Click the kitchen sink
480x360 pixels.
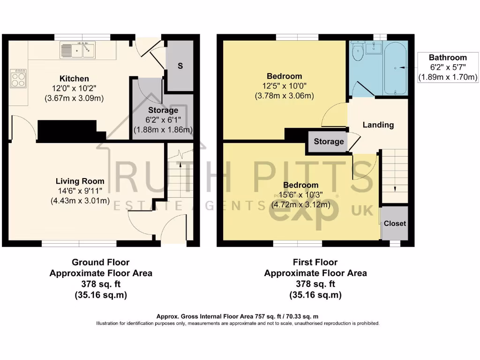click(x=77, y=50)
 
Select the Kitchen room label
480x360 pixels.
click(x=74, y=78)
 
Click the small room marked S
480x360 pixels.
click(x=180, y=66)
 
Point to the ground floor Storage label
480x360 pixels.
click(x=163, y=110)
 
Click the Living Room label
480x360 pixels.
click(x=80, y=181)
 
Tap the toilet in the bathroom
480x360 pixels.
click(x=358, y=52)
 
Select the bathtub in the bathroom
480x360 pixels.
click(x=396, y=68)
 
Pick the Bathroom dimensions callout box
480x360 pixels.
click(x=448, y=67)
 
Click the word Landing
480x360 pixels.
click(x=378, y=125)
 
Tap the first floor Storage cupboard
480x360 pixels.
click(x=329, y=142)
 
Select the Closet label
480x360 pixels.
click(x=395, y=223)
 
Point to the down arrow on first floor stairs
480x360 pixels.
click(x=395, y=188)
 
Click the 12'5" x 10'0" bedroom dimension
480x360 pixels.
click(x=284, y=86)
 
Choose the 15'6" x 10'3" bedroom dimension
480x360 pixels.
click(x=300, y=195)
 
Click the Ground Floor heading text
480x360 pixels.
click(x=101, y=262)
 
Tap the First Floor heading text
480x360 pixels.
click(x=315, y=262)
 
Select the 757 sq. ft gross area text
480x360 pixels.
click(x=240, y=317)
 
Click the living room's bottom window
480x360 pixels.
click(x=79, y=243)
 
